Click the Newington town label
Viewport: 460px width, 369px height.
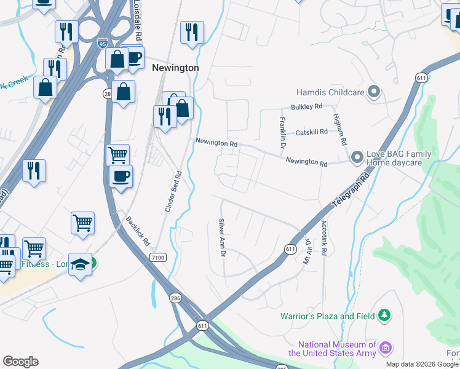[x=175, y=68]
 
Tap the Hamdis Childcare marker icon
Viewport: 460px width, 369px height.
[x=373, y=93]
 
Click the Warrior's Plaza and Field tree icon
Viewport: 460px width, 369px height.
[x=384, y=316]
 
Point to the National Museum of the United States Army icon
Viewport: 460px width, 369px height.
[x=386, y=349]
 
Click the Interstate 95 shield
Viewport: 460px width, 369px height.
[x=103, y=43]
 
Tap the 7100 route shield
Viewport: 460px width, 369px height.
[x=157, y=258]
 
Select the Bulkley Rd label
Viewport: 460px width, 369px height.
[x=306, y=107]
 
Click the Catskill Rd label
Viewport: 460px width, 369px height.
[x=311, y=132]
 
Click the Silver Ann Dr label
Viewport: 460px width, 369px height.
[x=222, y=237]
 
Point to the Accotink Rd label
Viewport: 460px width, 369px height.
[x=323, y=239]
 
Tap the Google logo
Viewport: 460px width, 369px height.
[x=20, y=362]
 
